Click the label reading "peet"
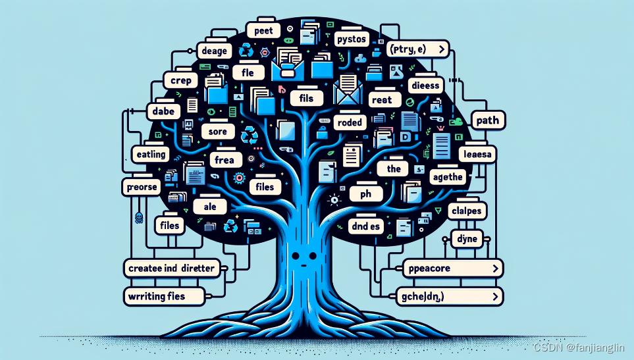click(263, 30)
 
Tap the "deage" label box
click(215, 51)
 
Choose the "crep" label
click(180, 80)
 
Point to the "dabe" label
click(163, 111)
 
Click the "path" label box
click(487, 120)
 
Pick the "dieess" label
click(424, 86)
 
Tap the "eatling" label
click(149, 155)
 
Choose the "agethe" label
click(446, 176)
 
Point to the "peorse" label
click(141, 186)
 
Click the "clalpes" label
click(467, 211)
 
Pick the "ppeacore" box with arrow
click(452, 269)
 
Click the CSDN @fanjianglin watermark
click(579, 347)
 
